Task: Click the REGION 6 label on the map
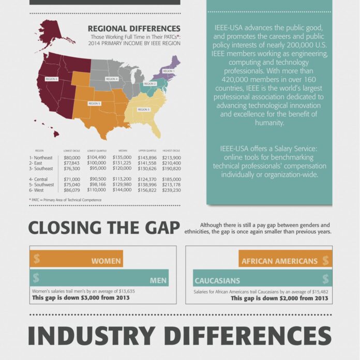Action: (51, 79)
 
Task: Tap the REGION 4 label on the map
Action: (112, 79)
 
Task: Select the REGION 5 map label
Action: (94, 103)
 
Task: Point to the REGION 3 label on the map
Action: (143, 109)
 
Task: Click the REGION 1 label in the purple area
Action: (169, 70)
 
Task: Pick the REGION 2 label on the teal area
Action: (149, 84)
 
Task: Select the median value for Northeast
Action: (122, 157)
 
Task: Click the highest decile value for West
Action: (171, 190)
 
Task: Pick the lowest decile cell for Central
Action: (72, 179)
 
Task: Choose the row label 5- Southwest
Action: (43, 185)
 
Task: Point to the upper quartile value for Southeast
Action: (147, 169)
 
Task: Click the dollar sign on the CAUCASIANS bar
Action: (325, 279)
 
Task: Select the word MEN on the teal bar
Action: (158, 281)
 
